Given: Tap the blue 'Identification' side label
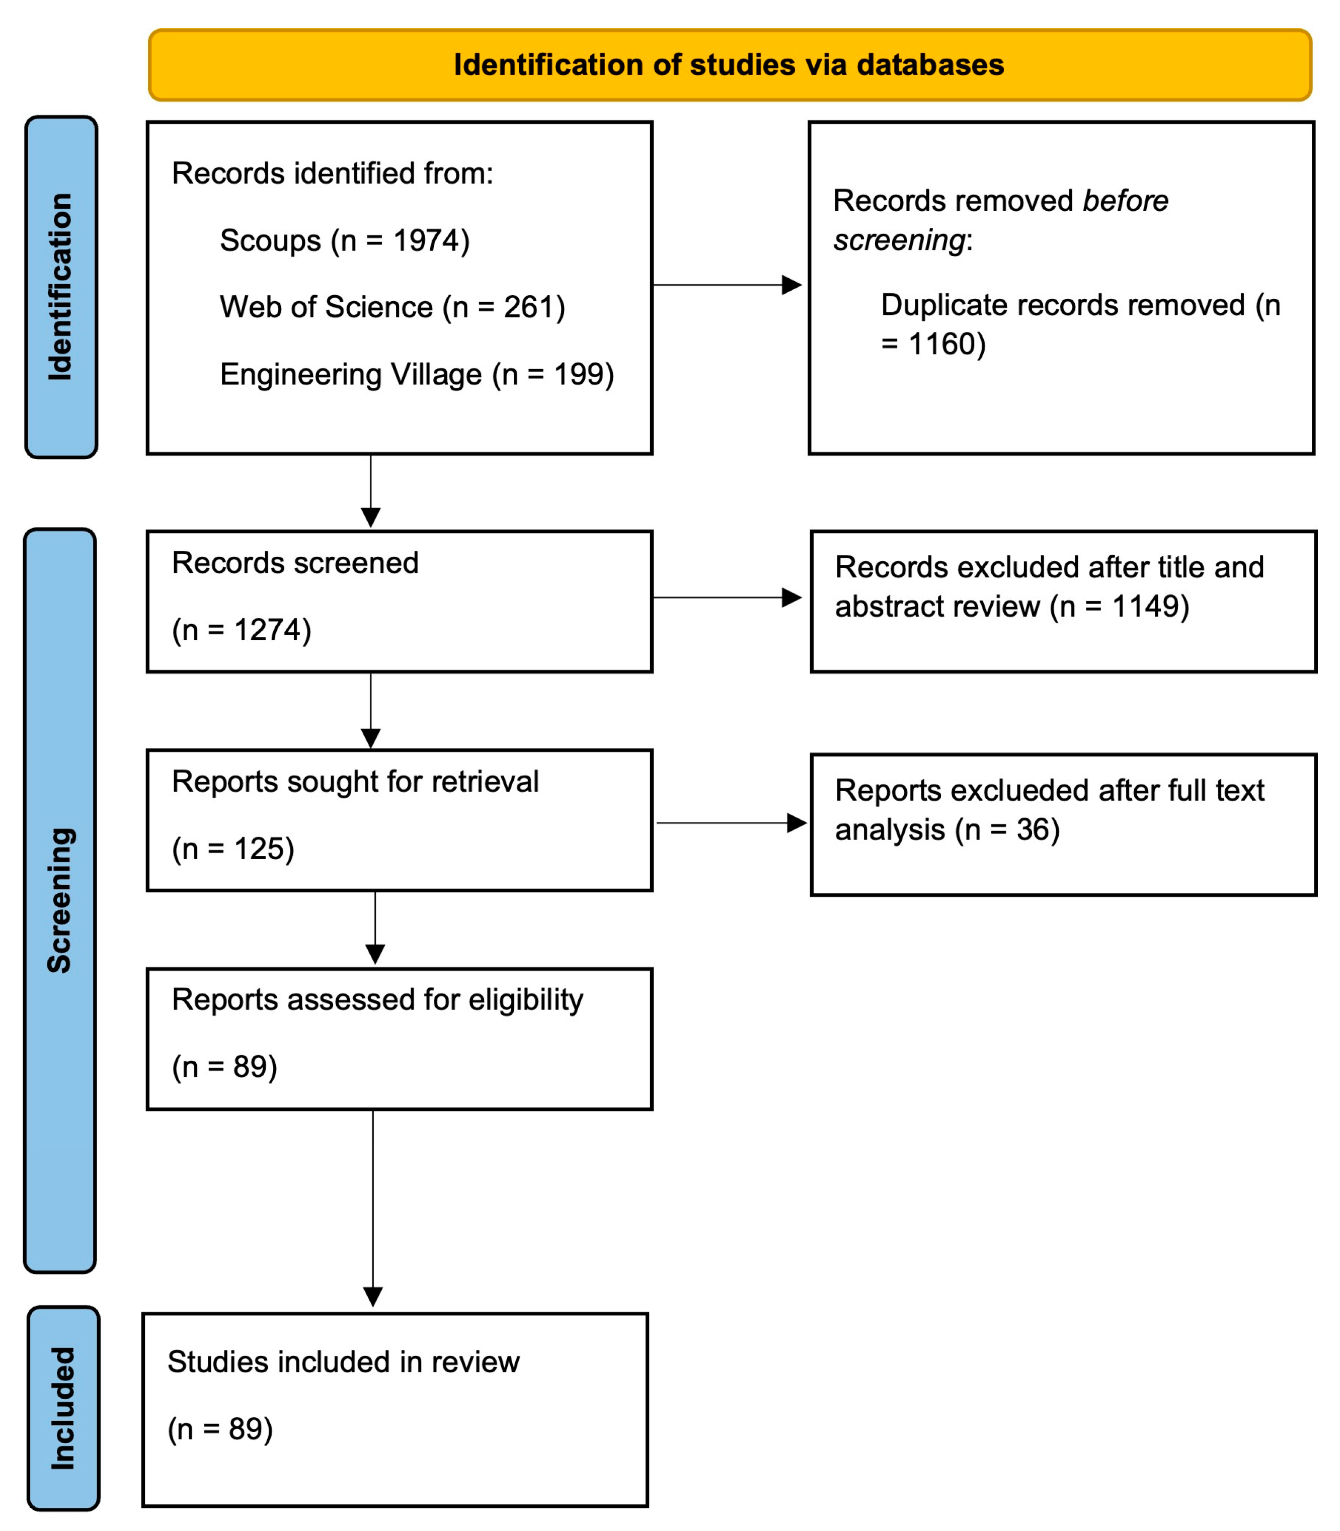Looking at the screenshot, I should [x=60, y=287].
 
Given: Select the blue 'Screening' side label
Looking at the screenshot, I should [x=60, y=900].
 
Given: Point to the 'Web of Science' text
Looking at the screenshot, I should [x=326, y=307].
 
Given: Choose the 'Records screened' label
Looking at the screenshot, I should [x=295, y=563].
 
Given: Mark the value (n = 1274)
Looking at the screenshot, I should [x=242, y=630].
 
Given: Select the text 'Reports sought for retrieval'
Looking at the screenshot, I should [x=355, y=782].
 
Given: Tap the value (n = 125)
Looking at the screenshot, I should [x=233, y=848].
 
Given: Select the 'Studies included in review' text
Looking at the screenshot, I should [x=343, y=1362].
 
